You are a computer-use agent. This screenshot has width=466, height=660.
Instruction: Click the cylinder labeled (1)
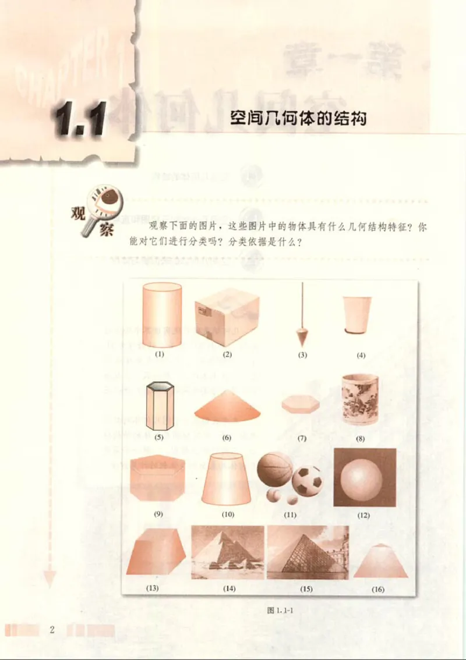click(161, 314)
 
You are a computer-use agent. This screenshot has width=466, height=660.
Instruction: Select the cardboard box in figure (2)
click(227, 317)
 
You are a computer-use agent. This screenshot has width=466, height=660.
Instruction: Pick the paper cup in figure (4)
click(356, 315)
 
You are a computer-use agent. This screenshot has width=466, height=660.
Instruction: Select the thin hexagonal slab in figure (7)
click(301, 404)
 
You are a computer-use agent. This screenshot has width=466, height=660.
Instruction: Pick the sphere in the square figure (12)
click(364, 477)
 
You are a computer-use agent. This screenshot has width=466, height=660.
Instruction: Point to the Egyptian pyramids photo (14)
click(228, 552)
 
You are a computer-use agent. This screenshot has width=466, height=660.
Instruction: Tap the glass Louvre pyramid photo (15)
click(307, 552)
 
